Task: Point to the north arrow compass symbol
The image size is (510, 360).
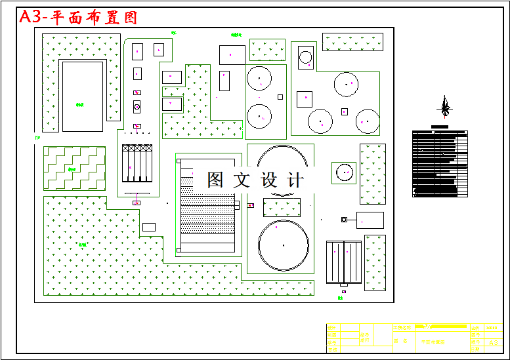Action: point(446,106)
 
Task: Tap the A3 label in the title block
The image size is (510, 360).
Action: point(494,342)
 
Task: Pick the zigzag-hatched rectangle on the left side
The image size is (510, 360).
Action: point(74,168)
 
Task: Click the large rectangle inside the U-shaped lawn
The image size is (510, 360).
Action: point(82,96)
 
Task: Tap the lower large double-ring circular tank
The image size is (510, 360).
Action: point(283,245)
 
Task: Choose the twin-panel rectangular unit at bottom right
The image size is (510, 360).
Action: point(343,260)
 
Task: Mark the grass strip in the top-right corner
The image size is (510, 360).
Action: point(352,42)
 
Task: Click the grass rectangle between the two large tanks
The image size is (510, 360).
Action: point(282,207)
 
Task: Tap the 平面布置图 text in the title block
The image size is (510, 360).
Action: point(433,342)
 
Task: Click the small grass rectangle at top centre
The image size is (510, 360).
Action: point(267,49)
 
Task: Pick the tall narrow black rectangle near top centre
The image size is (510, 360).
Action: point(224,81)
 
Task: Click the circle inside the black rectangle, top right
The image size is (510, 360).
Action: point(306,57)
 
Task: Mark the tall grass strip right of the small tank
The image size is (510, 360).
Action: point(372,174)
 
